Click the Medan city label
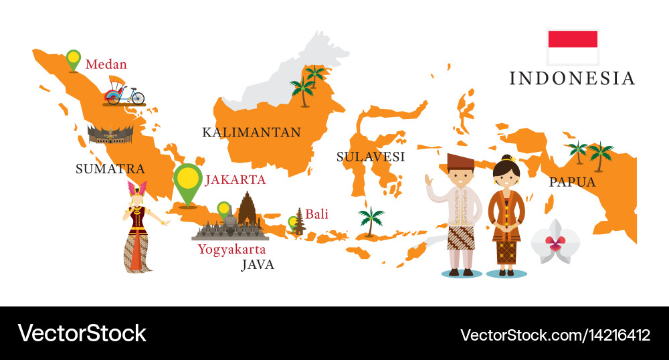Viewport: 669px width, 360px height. click(x=106, y=65)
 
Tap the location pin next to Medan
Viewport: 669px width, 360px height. click(x=73, y=58)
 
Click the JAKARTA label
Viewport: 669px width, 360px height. click(x=235, y=179)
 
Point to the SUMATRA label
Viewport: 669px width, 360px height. click(x=110, y=169)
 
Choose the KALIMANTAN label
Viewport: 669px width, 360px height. click(x=251, y=132)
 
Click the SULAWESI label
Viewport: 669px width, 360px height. click(x=371, y=157)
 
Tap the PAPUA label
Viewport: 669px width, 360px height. click(x=572, y=182)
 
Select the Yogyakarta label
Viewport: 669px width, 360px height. click(x=231, y=249)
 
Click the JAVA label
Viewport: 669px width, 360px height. click(x=258, y=264)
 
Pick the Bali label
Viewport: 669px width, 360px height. click(x=317, y=215)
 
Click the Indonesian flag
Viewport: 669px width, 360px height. click(x=573, y=46)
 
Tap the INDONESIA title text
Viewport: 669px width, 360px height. click(x=572, y=78)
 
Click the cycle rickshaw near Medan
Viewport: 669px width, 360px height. click(x=124, y=92)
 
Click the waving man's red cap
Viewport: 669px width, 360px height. click(x=459, y=161)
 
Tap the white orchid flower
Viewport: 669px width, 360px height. click(x=555, y=241)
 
